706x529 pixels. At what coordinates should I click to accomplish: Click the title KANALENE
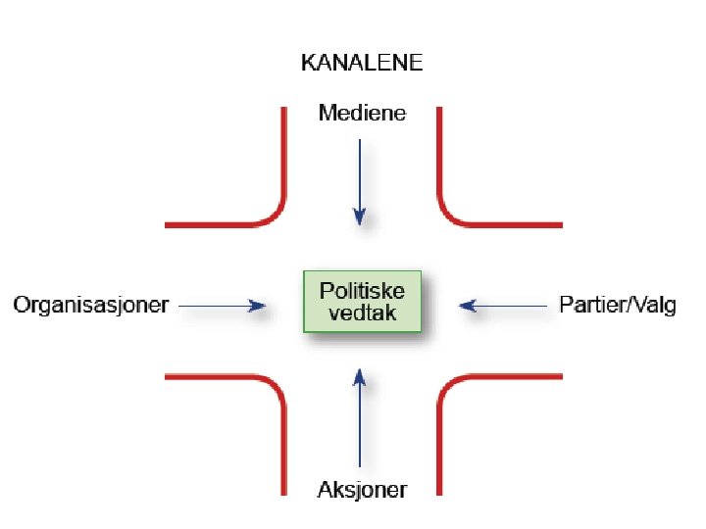361,64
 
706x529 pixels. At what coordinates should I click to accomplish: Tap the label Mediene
361,114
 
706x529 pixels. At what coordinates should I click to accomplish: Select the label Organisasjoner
91,305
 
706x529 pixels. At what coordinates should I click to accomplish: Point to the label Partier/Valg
617,305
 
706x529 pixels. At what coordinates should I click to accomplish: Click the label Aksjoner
361,489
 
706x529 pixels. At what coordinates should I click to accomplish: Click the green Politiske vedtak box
362,302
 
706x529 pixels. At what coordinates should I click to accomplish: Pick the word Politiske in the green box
362,291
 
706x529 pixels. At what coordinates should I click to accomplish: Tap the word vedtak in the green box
362,314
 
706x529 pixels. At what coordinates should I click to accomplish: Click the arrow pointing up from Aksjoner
360,416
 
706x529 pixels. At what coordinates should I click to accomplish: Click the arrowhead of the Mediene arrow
360,216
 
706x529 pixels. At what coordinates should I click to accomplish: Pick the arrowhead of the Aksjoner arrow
360,376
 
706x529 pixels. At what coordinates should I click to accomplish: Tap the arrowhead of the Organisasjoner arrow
258,306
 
